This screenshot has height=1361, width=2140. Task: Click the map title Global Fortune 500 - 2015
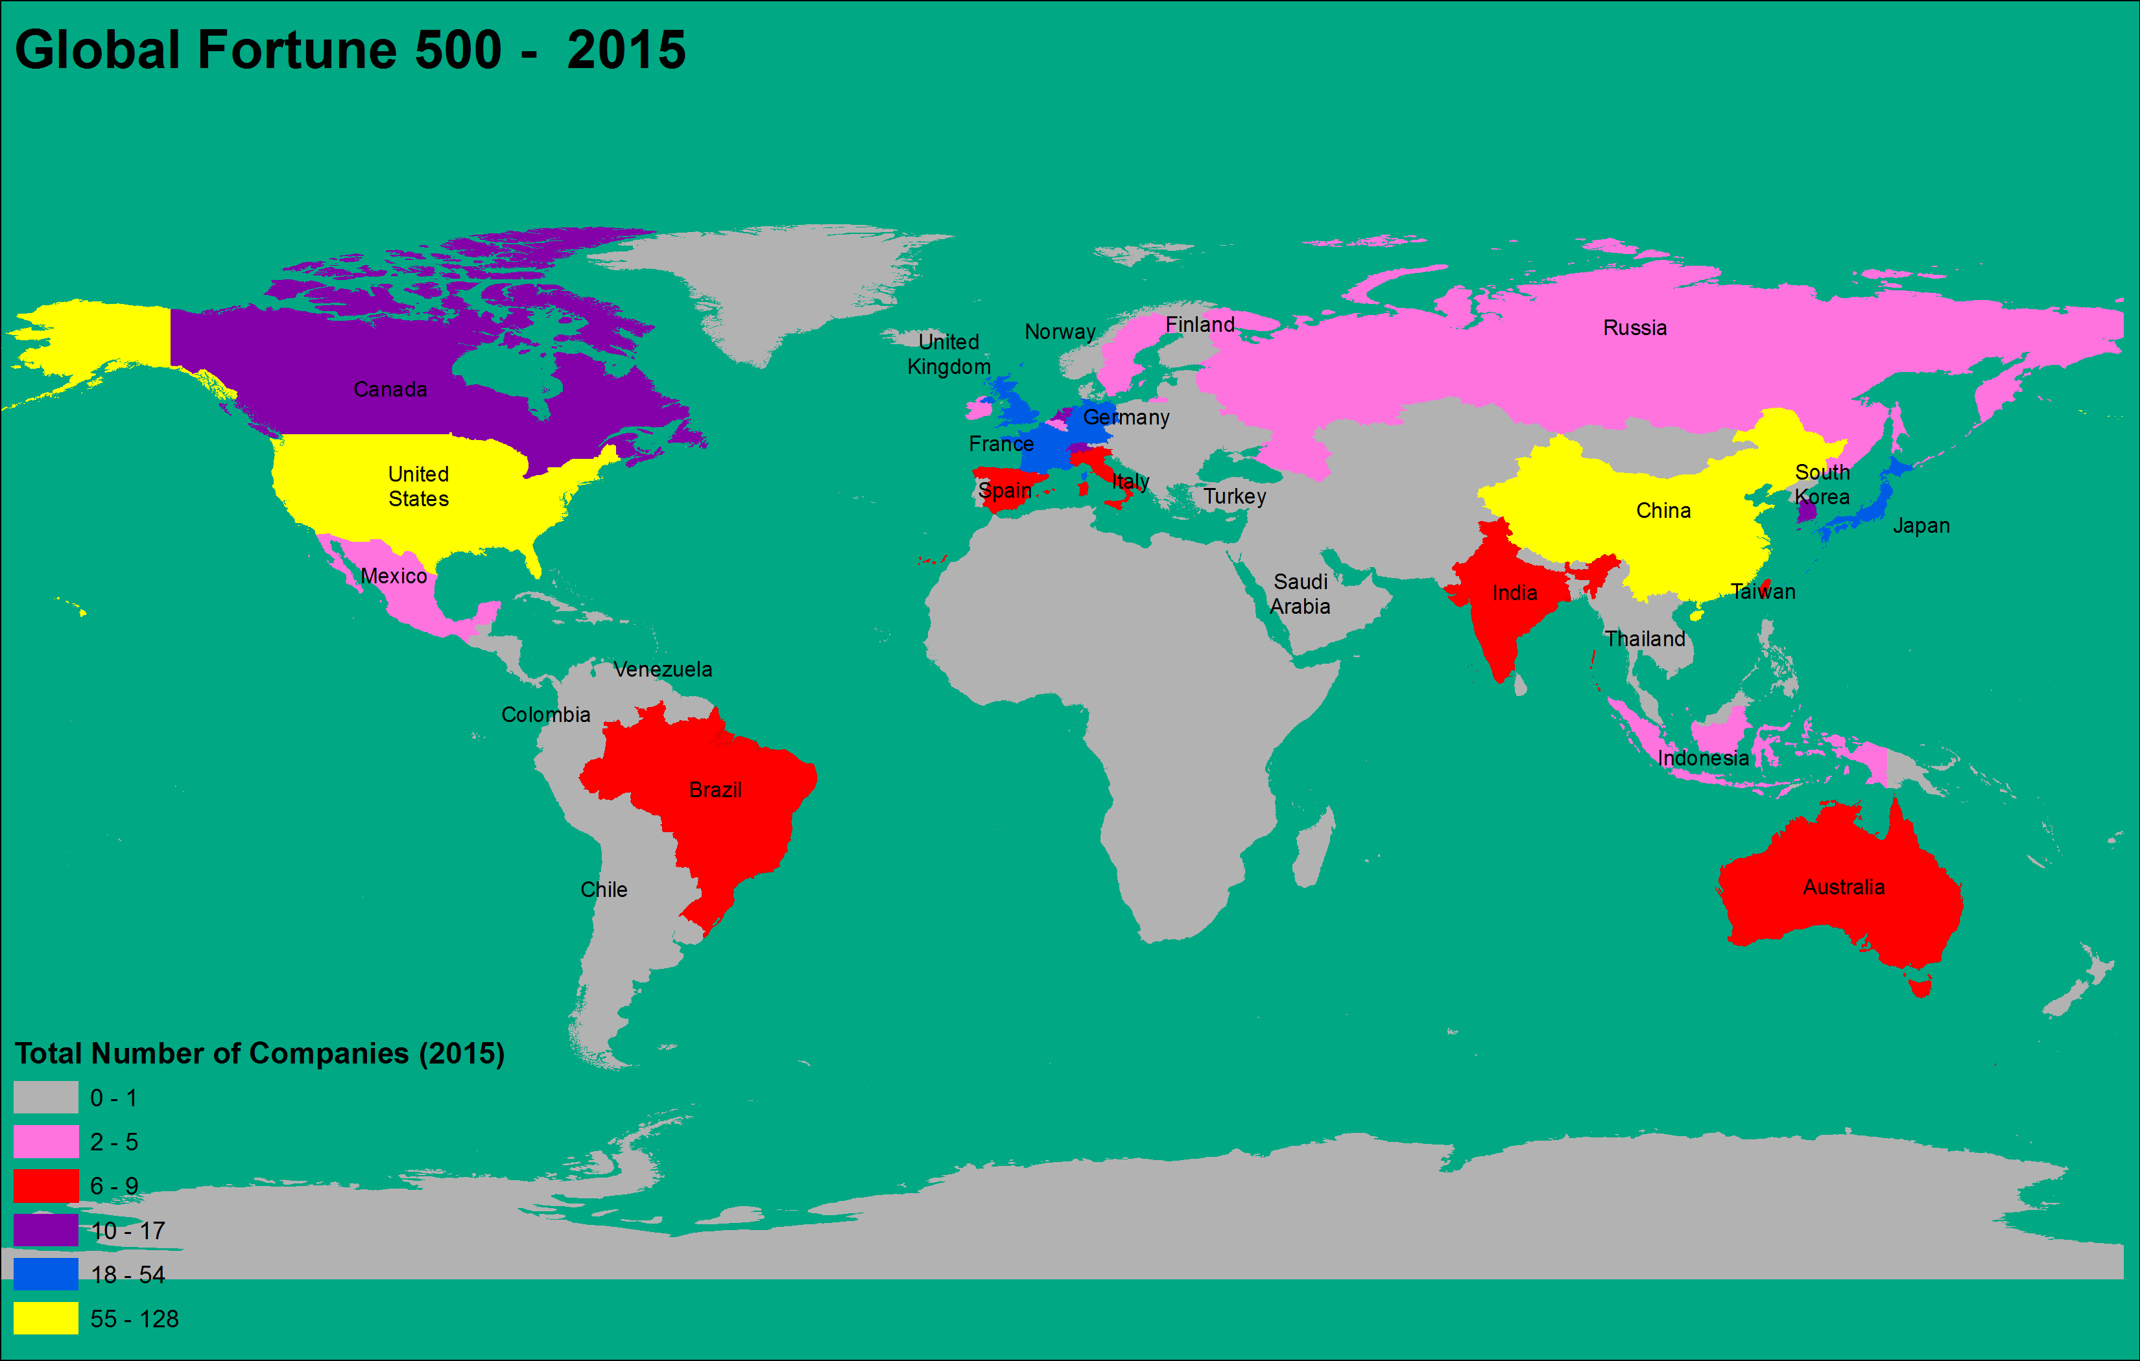(350, 50)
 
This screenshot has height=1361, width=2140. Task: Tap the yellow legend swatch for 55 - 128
(45, 1318)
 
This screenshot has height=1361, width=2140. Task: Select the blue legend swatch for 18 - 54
(45, 1274)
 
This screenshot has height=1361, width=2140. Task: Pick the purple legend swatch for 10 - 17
(45, 1230)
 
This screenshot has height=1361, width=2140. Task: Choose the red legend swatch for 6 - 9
(45, 1186)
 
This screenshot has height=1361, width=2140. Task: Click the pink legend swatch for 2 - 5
(45, 1141)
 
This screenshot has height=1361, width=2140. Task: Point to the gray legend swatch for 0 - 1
(45, 1098)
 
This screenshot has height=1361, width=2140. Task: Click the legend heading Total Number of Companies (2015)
(259, 1054)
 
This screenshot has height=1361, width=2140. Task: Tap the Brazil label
(715, 790)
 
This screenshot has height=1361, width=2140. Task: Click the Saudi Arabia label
(1300, 594)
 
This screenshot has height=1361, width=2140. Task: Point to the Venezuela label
(663, 669)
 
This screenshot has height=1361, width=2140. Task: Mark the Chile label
(604, 889)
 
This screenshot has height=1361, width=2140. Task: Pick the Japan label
(1921, 525)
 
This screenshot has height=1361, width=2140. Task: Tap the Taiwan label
(1763, 592)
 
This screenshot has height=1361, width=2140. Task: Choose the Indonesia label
(1703, 758)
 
